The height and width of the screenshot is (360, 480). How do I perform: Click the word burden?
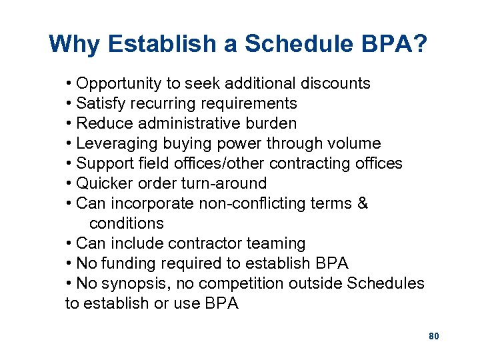(x=272, y=123)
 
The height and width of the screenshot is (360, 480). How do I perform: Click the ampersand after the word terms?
(x=362, y=203)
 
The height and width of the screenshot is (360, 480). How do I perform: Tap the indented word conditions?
(x=126, y=223)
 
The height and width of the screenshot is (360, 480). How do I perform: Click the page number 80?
(x=433, y=336)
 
